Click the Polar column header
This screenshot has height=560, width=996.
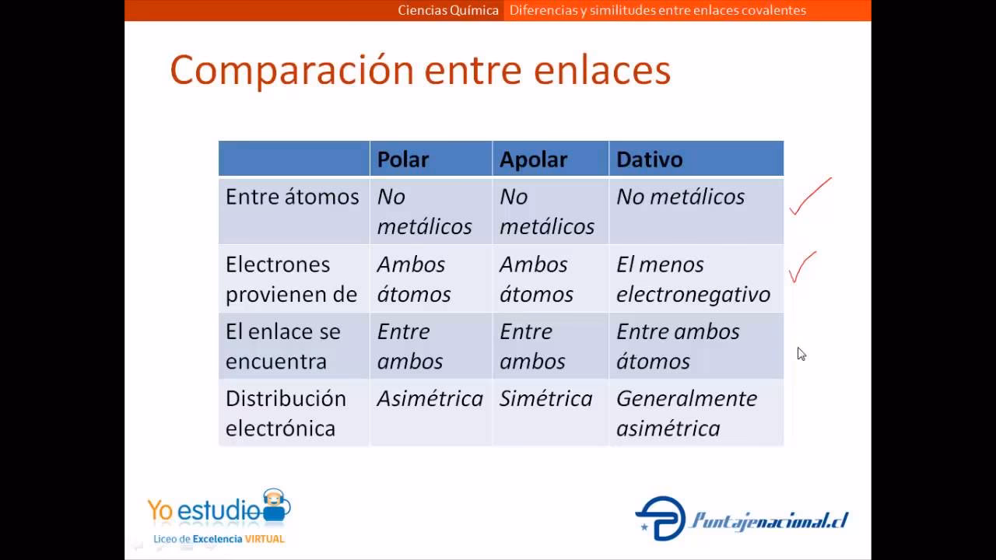(x=403, y=159)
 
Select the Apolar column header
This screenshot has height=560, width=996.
(x=533, y=159)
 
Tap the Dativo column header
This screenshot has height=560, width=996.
(x=649, y=159)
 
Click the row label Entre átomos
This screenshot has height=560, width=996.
(x=292, y=197)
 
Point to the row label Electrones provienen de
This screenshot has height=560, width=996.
(x=291, y=279)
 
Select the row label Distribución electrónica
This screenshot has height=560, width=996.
(x=286, y=413)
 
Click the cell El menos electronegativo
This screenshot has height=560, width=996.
(x=693, y=279)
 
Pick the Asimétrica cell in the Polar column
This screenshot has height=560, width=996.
(x=430, y=399)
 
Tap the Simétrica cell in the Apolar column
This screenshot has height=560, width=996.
(x=545, y=399)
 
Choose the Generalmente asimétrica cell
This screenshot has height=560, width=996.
(x=686, y=413)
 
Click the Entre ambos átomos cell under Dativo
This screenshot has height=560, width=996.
(x=678, y=346)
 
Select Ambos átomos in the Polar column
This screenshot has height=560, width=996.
(x=413, y=279)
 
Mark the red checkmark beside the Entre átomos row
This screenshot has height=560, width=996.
(x=809, y=198)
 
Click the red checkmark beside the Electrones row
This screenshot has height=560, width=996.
(x=802, y=268)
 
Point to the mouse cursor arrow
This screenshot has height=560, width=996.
(x=801, y=353)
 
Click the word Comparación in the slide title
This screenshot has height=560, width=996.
(x=292, y=70)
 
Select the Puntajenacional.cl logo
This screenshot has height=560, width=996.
(x=742, y=519)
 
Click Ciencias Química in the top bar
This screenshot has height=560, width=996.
(x=448, y=10)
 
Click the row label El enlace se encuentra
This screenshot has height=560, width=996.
(x=282, y=346)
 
